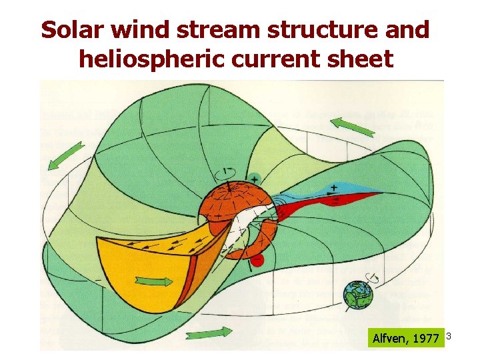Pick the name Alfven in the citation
(389, 339)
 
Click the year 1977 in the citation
(425, 339)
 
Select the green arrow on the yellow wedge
(153, 281)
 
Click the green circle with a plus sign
(255, 179)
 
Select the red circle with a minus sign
(257, 259)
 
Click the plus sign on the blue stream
(332, 188)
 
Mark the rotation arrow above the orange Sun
(228, 172)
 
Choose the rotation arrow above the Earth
(374, 277)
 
